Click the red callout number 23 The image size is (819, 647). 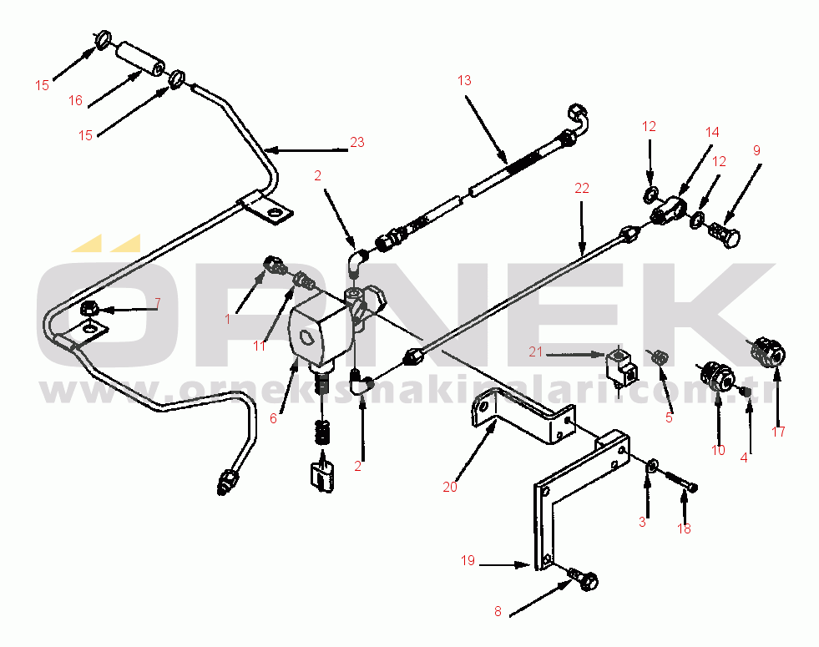pyautogui.click(x=356, y=142)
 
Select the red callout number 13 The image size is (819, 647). pyautogui.click(x=464, y=80)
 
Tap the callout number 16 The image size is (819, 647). pyautogui.click(x=76, y=100)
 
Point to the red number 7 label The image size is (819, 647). pyautogui.click(x=157, y=303)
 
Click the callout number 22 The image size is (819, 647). pyautogui.click(x=581, y=188)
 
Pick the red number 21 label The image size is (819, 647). pyautogui.click(x=536, y=352)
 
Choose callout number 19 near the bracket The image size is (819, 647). pyautogui.click(x=468, y=560)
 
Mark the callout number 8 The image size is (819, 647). pyautogui.click(x=498, y=611)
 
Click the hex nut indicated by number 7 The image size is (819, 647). pyautogui.click(x=88, y=308)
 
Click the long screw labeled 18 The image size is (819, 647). pyautogui.click(x=681, y=482)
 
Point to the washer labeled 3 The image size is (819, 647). pyautogui.click(x=651, y=465)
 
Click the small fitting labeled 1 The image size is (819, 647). pyautogui.click(x=274, y=265)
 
